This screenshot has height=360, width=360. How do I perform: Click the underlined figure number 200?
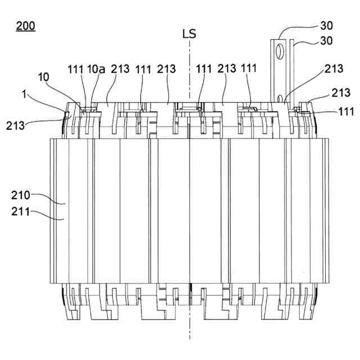point(25,25)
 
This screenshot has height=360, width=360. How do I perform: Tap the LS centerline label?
point(190,34)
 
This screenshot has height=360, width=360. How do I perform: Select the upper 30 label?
point(326,25)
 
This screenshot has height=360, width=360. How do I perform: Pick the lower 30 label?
point(326,40)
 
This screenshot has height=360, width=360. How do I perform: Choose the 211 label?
point(21,212)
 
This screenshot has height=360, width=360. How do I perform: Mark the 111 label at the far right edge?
point(346,112)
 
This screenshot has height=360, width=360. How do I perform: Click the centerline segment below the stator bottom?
point(190,329)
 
